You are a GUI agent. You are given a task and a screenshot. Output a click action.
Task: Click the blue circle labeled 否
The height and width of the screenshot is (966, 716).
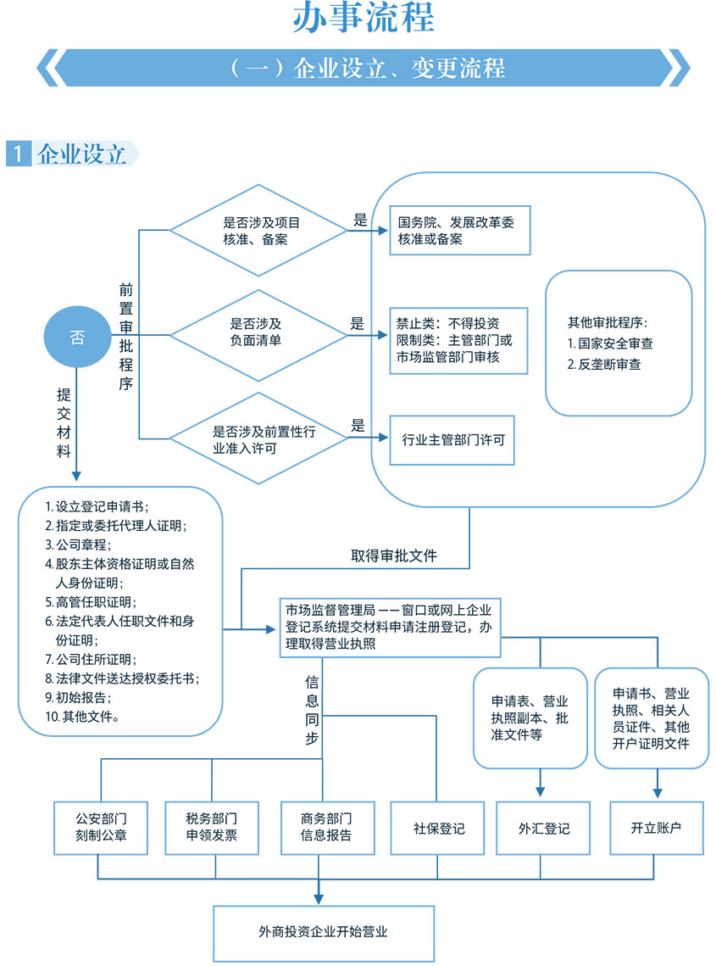click(x=77, y=337)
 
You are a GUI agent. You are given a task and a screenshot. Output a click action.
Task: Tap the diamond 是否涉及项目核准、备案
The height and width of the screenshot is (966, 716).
click(x=258, y=231)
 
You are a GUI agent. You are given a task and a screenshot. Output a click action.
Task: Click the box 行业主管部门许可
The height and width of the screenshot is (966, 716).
click(x=452, y=439)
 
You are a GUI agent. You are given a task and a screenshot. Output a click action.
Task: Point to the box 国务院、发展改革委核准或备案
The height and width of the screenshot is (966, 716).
click(x=458, y=231)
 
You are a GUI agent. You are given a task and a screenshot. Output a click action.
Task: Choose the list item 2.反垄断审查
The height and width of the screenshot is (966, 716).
click(x=604, y=365)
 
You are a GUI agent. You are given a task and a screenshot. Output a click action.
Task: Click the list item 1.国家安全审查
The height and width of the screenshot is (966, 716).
click(x=610, y=343)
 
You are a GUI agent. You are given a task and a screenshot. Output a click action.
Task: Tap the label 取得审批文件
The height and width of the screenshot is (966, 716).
click(x=394, y=556)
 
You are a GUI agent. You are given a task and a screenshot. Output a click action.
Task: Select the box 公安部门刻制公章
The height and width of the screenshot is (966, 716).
click(x=101, y=827)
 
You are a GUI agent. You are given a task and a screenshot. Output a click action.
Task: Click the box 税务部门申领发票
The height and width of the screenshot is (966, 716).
click(x=212, y=827)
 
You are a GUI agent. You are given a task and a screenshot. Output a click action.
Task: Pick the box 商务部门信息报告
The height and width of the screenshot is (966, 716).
click(x=326, y=827)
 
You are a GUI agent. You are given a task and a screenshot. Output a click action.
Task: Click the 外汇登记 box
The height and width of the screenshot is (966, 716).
click(x=544, y=828)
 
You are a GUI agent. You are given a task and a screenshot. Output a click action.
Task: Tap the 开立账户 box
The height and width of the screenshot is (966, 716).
click(x=657, y=828)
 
